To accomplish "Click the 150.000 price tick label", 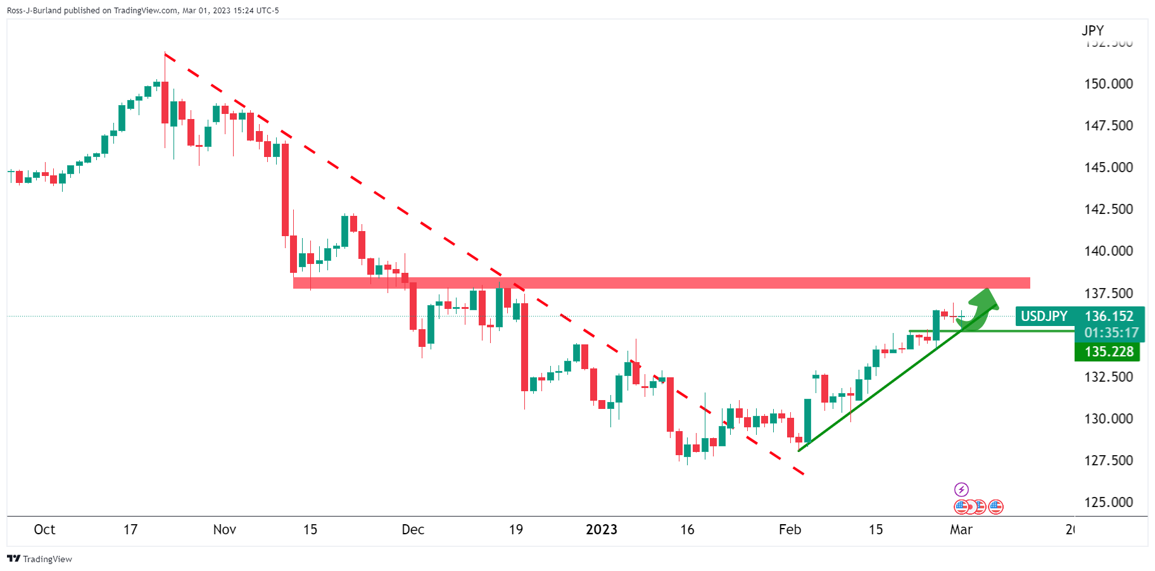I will (x=1108, y=84).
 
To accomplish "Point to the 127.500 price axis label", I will (x=1108, y=461).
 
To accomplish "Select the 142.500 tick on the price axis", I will (x=1108, y=210).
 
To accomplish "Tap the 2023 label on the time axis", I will (x=601, y=530).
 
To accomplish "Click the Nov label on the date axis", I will (x=224, y=530).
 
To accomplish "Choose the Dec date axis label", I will (x=413, y=530).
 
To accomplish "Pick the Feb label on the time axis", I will (x=790, y=530).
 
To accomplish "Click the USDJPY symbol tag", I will (x=1044, y=317).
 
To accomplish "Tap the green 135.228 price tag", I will (x=1108, y=352).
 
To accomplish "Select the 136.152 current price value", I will (x=1109, y=317).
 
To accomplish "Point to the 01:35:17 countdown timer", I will (x=1111, y=333).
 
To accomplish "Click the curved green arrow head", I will (x=986, y=298).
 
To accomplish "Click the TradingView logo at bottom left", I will (x=39, y=559).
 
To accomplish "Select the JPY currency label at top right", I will (x=1092, y=30).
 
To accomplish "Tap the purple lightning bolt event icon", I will (x=961, y=489).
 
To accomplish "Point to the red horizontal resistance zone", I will (x=661, y=283).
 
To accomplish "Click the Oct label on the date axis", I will (x=44, y=530).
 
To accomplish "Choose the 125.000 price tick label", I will (x=1108, y=503).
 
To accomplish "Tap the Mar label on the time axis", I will (x=961, y=530).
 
